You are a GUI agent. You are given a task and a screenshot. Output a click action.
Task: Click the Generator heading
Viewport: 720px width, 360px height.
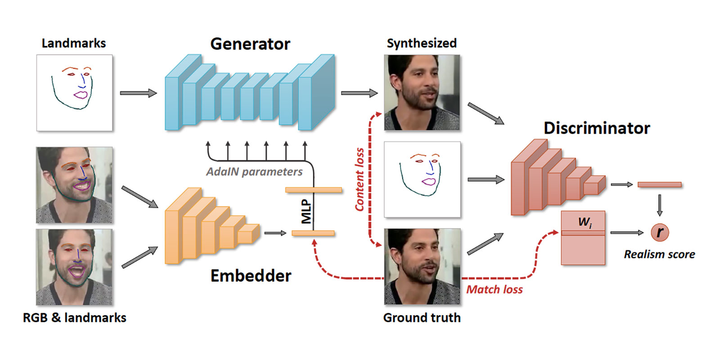tap(250, 44)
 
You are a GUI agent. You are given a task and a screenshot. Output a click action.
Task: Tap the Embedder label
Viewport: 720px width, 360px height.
tap(251, 275)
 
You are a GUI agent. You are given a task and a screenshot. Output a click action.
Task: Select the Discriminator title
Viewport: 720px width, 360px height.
tap(597, 128)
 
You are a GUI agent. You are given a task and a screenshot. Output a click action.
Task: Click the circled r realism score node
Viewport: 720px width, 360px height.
tap(660, 232)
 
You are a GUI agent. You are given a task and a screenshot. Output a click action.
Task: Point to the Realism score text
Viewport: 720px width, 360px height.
tap(659, 254)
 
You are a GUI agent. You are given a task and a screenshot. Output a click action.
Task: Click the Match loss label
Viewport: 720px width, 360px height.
tap(494, 289)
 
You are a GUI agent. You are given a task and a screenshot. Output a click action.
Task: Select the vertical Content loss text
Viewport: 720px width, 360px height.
tap(360, 179)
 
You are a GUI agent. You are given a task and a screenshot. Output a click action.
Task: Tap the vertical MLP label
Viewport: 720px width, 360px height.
tap(306, 211)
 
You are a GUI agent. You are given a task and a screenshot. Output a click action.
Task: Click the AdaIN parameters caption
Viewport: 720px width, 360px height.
tap(254, 172)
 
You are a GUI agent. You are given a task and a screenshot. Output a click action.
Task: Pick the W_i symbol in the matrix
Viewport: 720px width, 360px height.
tap(585, 222)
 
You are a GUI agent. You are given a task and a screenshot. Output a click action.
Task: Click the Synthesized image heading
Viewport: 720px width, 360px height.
tap(422, 43)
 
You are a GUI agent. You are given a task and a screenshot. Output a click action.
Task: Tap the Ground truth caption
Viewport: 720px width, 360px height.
tap(422, 318)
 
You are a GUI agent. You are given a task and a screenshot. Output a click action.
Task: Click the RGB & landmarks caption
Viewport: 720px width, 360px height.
tap(75, 318)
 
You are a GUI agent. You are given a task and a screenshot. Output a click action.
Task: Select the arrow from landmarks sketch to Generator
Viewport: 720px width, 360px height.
tap(138, 93)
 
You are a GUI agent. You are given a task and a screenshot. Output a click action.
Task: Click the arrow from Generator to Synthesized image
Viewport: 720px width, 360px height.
tap(359, 93)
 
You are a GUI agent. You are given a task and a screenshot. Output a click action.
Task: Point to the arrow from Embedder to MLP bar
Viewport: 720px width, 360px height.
tap(275, 233)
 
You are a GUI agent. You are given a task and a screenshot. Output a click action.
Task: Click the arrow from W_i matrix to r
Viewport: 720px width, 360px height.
tap(627, 233)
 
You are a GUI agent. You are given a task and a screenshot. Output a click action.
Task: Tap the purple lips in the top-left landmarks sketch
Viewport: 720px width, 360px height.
tap(81, 95)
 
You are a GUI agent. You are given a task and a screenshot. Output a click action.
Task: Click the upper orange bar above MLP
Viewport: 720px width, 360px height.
tap(314, 190)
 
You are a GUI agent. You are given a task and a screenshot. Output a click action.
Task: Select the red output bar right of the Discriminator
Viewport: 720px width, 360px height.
tap(659, 184)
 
